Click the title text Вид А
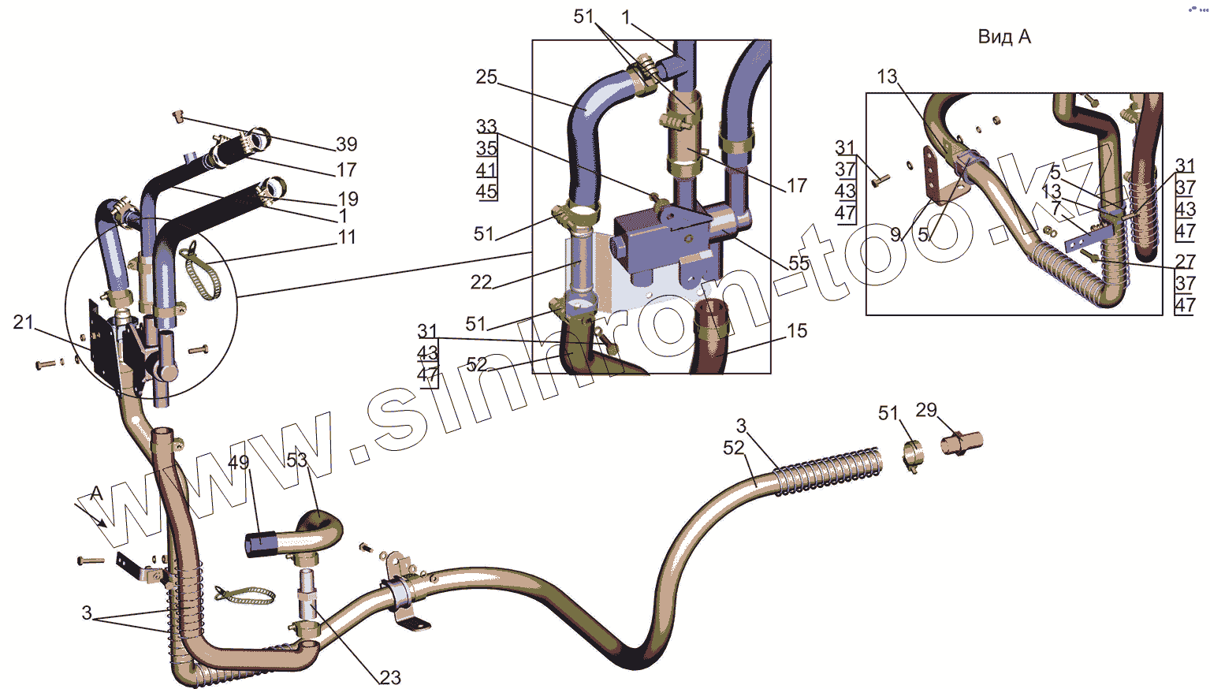tap(1003, 37)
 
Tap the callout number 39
tap(347, 144)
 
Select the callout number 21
tap(24, 322)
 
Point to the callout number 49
tap(238, 463)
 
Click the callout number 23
tap(390, 677)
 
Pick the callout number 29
tap(926, 410)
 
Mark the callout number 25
tap(486, 76)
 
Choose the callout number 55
tap(799, 263)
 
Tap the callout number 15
tap(797, 330)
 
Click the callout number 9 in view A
tap(895, 234)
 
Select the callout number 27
tap(1185, 262)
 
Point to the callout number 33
tap(486, 126)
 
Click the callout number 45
tap(486, 191)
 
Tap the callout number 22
tap(481, 281)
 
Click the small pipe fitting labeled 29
tap(962, 443)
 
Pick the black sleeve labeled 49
tap(259, 544)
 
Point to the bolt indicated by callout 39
tap(178, 117)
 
